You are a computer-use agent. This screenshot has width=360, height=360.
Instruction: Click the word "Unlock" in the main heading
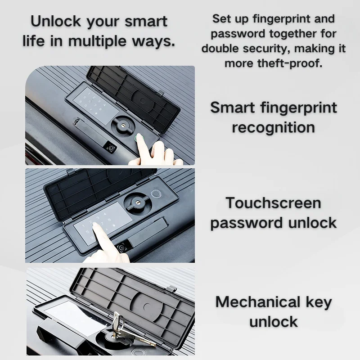click(x=56, y=21)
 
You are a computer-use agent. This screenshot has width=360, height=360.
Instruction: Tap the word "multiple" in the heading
click(x=97, y=41)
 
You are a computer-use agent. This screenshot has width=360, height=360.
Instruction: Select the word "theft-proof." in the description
click(x=290, y=63)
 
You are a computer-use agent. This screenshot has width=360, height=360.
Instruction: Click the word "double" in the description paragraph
click(x=220, y=49)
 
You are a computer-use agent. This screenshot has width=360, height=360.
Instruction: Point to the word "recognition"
click(x=273, y=127)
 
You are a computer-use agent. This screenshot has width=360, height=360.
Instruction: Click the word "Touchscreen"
click(x=273, y=203)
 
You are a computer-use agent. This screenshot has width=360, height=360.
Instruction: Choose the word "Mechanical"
click(x=258, y=301)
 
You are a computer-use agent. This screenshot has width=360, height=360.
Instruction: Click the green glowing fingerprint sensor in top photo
click(x=139, y=138)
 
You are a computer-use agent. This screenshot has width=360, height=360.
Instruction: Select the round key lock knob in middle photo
click(x=138, y=202)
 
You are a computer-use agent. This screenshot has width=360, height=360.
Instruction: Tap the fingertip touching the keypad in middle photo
click(x=96, y=226)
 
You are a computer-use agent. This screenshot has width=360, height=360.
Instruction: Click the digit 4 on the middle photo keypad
click(x=105, y=214)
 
